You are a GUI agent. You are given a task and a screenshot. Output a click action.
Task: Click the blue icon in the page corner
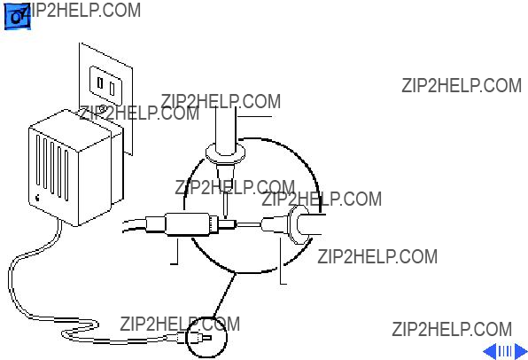click(x=18, y=17)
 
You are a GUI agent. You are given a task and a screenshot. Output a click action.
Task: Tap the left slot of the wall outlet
click(x=100, y=82)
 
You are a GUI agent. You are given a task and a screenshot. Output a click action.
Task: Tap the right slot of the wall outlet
click(x=113, y=89)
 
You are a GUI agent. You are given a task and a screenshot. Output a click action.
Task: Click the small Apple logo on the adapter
click(x=38, y=197)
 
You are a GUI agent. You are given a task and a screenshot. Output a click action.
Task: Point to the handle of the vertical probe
click(x=226, y=128)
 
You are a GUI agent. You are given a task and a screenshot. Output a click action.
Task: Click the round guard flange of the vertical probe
click(x=225, y=154)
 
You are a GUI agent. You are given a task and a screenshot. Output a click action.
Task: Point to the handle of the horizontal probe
click(x=312, y=224)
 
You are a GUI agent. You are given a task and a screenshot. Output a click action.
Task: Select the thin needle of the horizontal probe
click(x=249, y=223)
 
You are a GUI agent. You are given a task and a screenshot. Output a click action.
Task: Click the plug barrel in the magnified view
click(x=188, y=224)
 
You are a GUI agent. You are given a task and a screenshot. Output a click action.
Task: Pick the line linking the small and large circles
click(x=224, y=295)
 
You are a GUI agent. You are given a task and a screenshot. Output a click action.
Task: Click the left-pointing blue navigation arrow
click(x=490, y=351)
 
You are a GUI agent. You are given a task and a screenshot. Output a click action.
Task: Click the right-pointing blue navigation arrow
click(x=521, y=351)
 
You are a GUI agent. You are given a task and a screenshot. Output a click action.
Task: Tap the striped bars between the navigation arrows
click(x=505, y=351)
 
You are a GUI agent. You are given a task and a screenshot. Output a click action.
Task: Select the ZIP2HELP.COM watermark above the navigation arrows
click(x=452, y=329)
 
